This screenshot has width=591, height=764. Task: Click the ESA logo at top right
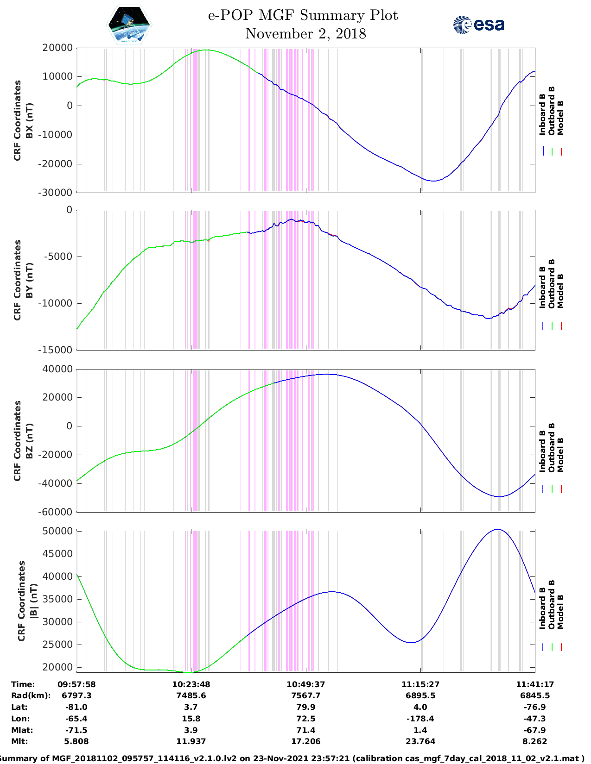click(478, 25)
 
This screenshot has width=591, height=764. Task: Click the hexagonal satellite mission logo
click(129, 25)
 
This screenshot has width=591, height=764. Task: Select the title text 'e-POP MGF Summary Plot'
click(303, 15)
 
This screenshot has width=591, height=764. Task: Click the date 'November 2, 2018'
click(305, 34)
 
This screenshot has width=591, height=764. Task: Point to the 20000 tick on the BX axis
click(57, 48)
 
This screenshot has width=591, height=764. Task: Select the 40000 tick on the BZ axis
click(57, 369)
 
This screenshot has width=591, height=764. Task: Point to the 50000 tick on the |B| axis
click(57, 531)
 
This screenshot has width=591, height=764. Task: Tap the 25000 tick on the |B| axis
click(57, 645)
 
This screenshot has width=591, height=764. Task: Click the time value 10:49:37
click(305, 684)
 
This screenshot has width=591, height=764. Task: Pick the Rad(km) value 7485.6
click(191, 695)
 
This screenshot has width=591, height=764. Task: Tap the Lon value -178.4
click(420, 719)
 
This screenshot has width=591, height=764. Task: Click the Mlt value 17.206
click(305, 741)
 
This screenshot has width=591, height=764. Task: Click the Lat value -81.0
click(76, 707)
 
